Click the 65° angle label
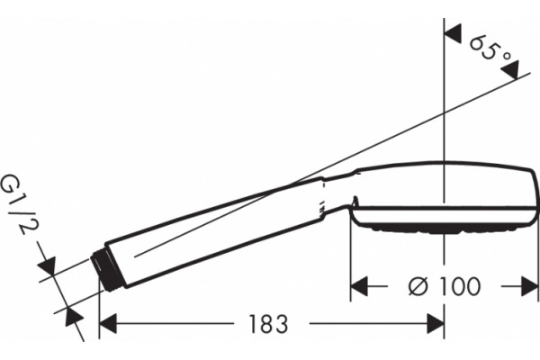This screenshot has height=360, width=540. click(x=489, y=50)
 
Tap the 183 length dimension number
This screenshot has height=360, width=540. click(x=268, y=324)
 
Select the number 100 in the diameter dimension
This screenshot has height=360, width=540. click(x=459, y=286)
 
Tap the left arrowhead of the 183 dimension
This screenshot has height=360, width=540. click(x=108, y=324)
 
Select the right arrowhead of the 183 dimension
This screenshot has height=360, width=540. click(x=436, y=324)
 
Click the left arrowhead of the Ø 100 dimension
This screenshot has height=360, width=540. click(x=359, y=286)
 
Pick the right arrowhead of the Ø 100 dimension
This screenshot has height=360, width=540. click(x=530, y=286)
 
